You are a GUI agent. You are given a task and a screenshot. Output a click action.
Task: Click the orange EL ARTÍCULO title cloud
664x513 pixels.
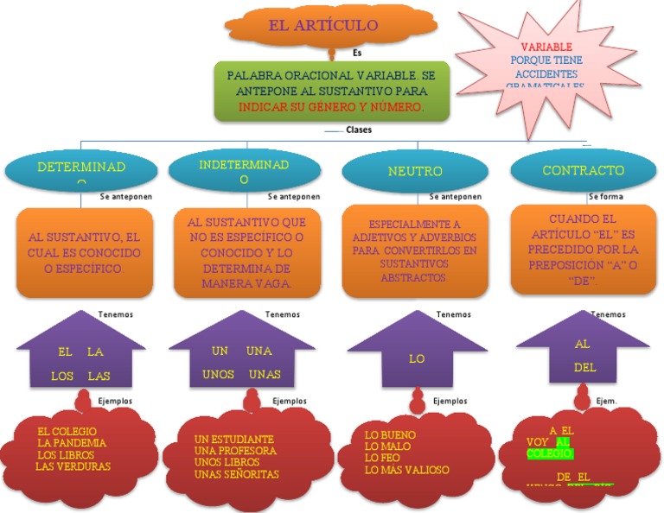tap(322, 25)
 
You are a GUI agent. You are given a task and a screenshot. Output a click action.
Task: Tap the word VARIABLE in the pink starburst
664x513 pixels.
tap(546, 47)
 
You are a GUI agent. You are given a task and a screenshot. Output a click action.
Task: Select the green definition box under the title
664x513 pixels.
tap(331, 91)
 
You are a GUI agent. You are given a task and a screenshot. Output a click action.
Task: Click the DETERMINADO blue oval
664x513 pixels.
tap(81, 168)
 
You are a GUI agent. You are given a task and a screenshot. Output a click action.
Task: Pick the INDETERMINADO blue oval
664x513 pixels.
tap(244, 171)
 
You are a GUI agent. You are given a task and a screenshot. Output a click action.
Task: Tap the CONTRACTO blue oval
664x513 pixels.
tap(583, 171)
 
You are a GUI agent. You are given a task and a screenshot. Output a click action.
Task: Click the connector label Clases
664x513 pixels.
tap(358, 130)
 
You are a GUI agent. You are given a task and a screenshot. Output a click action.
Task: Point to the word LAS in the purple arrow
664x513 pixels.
tap(99, 377)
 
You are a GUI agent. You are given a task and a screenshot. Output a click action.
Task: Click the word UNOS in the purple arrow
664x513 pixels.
tap(219, 375)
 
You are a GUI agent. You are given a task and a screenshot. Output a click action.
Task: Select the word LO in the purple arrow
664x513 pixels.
tap(417, 358)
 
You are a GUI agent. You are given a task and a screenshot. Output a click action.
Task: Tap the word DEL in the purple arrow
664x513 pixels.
tap(584, 367)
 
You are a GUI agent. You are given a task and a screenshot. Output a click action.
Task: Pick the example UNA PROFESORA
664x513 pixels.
tap(235, 451)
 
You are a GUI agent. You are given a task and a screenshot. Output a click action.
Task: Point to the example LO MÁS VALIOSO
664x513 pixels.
tap(406, 470)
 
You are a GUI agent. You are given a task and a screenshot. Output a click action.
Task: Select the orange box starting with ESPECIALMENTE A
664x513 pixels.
tap(415, 250)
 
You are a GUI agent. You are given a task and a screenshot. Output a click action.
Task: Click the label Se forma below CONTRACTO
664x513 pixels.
tap(605, 197)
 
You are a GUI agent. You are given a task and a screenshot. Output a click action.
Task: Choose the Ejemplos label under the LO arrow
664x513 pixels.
tap(450, 401)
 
